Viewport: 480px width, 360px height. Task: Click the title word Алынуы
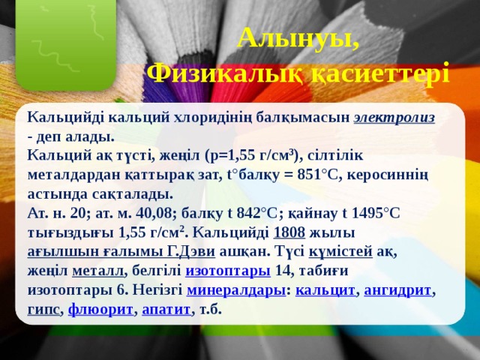coord(297,38)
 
